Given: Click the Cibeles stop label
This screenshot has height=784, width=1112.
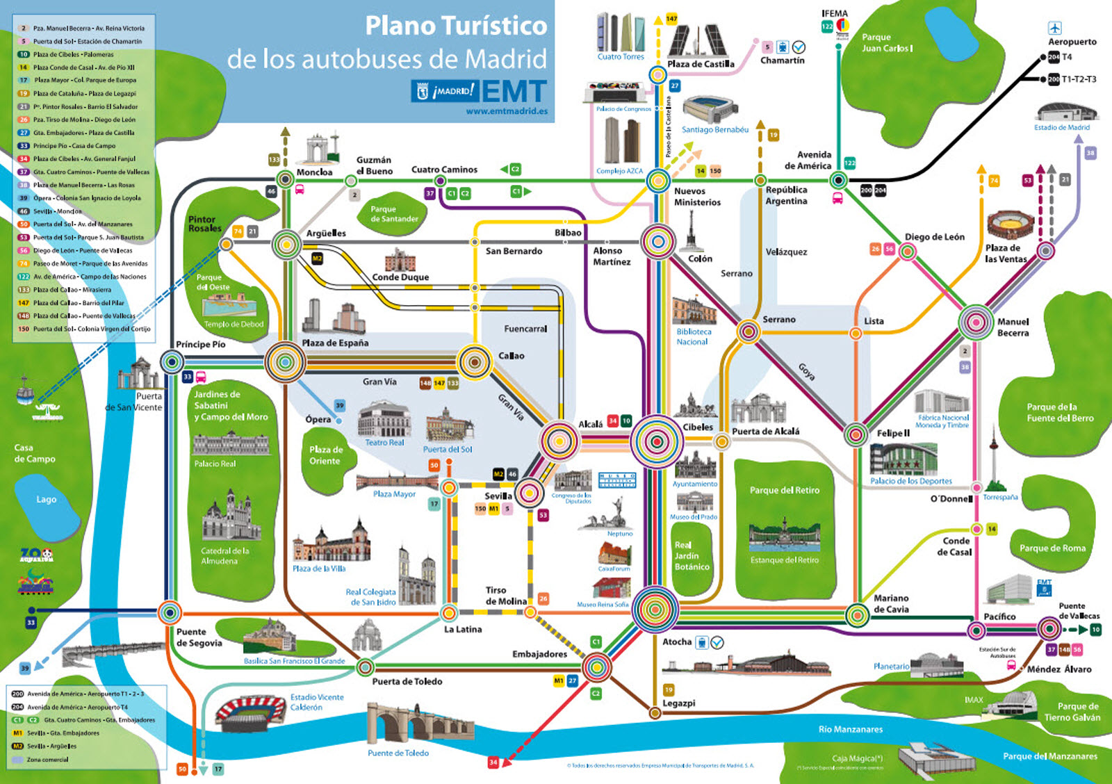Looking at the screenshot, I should click(698, 427).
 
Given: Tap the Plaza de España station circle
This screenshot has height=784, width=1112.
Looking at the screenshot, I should click(285, 361).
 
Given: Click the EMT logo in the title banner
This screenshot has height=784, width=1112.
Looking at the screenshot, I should click(514, 91).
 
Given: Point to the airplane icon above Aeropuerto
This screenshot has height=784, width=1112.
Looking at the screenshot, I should click(1055, 28).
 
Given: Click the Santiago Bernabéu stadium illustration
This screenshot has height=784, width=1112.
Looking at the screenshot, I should click(710, 110).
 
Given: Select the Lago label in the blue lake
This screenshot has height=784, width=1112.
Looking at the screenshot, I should click(47, 499).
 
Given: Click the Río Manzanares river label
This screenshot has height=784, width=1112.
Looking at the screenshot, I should click(850, 729).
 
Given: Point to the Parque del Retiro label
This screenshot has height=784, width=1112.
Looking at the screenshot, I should click(784, 490).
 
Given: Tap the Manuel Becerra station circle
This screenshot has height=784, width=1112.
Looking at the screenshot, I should click(976, 322).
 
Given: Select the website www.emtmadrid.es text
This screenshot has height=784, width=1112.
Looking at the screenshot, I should click(507, 111).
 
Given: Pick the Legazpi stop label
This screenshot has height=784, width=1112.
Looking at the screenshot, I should click(678, 703).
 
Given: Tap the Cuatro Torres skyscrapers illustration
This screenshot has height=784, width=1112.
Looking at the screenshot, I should click(620, 32).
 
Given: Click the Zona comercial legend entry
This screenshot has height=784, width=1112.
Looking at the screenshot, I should click(47, 760).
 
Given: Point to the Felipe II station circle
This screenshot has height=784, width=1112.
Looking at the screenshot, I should click(856, 434).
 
